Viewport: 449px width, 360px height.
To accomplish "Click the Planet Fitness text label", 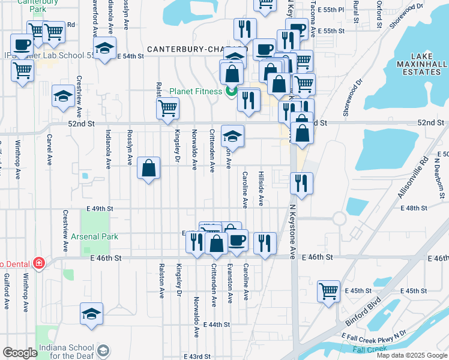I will (196, 91).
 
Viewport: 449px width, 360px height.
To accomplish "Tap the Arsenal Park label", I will (94, 236).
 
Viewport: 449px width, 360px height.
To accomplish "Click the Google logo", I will (20, 353).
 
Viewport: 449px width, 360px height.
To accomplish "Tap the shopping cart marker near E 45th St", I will (329, 292).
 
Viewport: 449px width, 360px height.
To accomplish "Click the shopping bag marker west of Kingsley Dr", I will (148, 168).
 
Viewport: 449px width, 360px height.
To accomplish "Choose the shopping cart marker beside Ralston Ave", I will (167, 109).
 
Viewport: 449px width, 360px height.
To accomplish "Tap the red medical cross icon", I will (39, 262).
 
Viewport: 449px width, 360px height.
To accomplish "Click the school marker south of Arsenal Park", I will (91, 314).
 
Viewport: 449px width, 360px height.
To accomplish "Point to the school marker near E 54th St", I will (105, 49).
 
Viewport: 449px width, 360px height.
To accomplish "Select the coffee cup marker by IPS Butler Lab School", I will (22, 44).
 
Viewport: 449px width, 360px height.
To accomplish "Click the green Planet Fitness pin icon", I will (231, 91).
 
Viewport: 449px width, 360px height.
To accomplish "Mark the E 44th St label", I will (217, 325).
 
